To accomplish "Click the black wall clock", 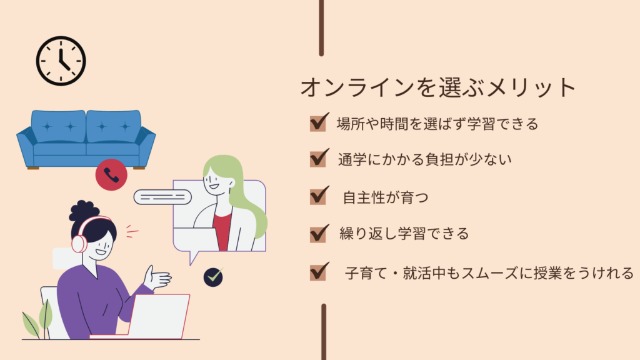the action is tap(61, 61).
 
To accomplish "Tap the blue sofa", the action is tap(86, 139).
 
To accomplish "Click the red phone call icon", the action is tap(111, 175).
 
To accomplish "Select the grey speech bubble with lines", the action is tap(162, 197).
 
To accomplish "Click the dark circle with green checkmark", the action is tap(213, 277).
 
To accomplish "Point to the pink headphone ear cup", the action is tap(79, 244).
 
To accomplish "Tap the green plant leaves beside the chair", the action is tap(37, 321).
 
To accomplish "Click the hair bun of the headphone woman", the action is tap(84, 210).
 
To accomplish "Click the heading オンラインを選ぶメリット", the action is tap(438, 87).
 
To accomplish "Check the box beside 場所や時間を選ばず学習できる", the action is tap(318, 123).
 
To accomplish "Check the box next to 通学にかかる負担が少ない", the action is tap(318, 158).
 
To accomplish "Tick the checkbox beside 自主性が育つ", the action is tap(318, 196).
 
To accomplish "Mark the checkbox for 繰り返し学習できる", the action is tap(318, 234).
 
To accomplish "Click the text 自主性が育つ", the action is tap(385, 197).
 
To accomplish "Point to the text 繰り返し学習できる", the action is tap(404, 234).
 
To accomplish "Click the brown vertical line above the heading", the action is tap(321, 27).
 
